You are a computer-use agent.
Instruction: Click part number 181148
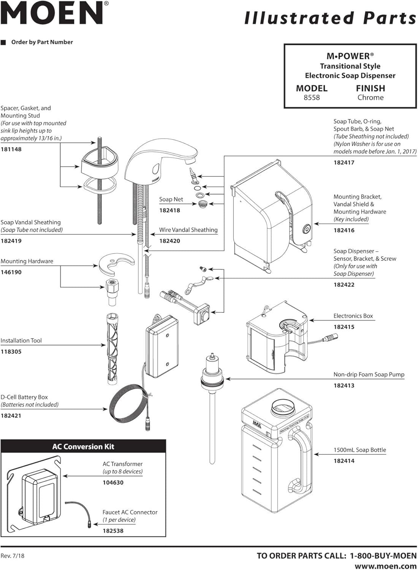(x=11, y=149)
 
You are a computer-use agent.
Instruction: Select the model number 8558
(x=312, y=98)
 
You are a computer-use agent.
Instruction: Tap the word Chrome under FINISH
(x=370, y=98)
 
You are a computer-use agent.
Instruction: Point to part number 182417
(x=344, y=163)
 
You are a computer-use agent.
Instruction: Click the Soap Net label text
(x=171, y=199)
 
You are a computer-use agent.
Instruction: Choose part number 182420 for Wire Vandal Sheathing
(x=169, y=241)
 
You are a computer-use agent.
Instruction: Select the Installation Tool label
(x=21, y=341)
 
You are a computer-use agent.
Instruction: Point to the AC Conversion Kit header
(x=83, y=447)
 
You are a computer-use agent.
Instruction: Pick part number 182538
(x=113, y=531)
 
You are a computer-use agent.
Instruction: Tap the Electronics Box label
(x=353, y=316)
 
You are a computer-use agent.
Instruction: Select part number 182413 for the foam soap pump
(x=344, y=386)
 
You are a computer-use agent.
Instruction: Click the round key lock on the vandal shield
(x=306, y=229)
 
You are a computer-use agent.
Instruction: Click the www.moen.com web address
(x=385, y=566)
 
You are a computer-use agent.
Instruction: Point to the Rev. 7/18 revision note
(x=13, y=556)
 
